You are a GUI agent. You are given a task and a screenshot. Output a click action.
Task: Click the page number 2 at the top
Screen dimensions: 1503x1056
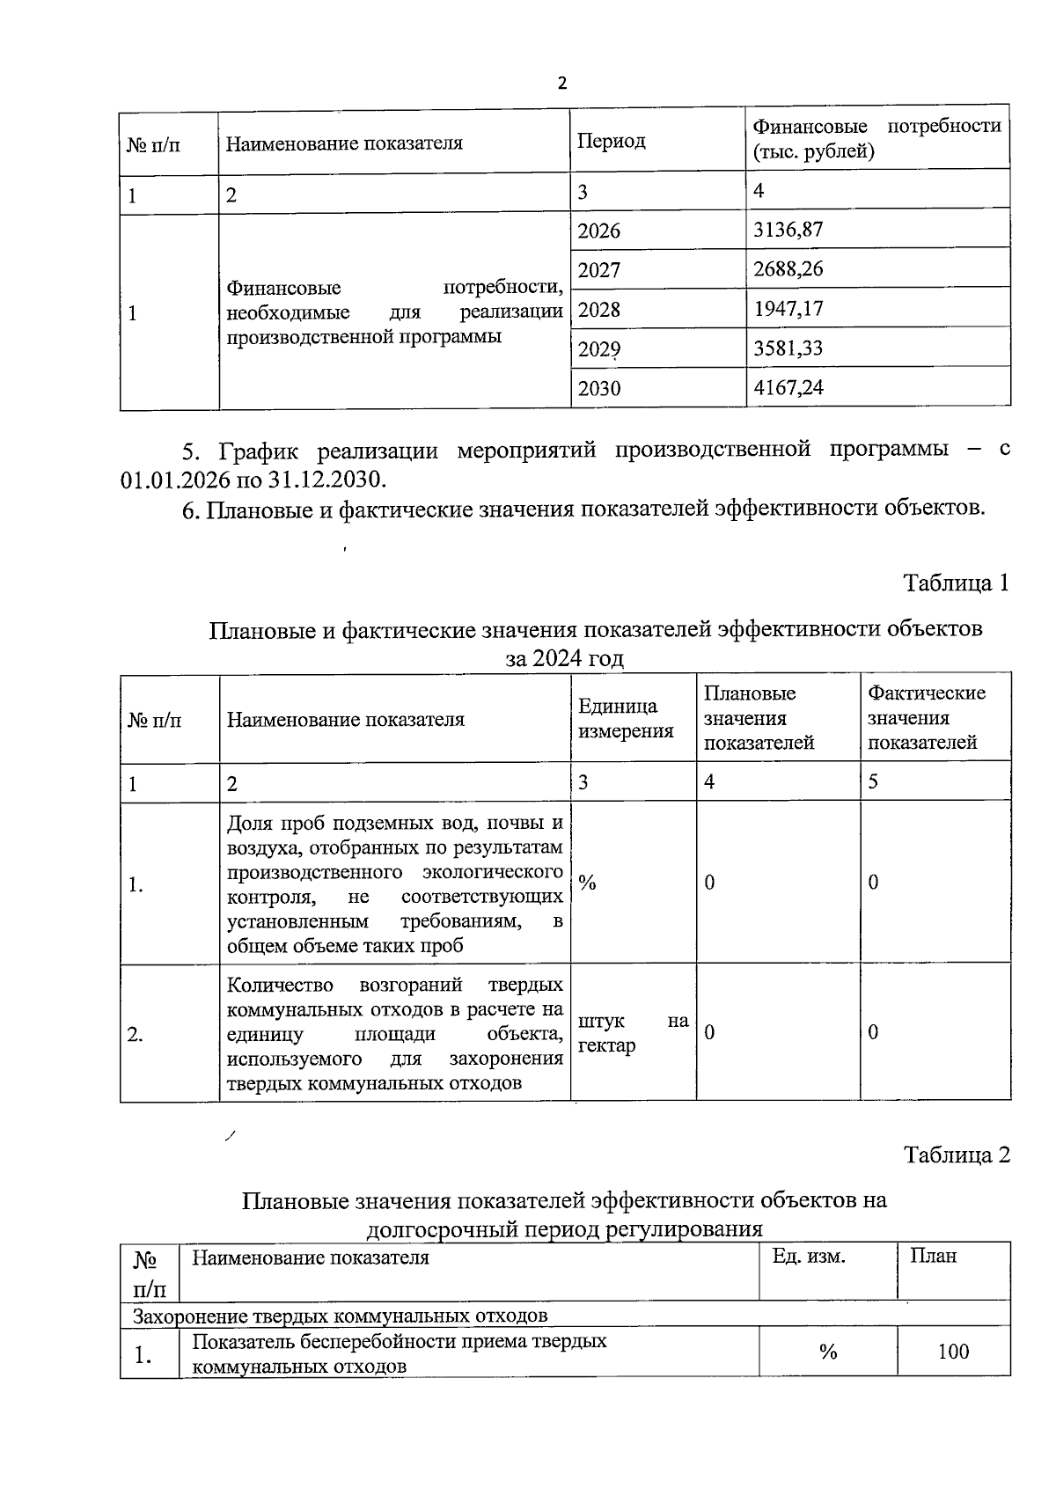coord(562,84)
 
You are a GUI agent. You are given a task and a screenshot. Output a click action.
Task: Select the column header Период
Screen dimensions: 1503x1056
coord(611,141)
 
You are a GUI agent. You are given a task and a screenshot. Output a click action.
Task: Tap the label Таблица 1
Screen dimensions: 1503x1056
coord(956,583)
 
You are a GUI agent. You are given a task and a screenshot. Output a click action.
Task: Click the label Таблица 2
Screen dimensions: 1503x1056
coord(957,1155)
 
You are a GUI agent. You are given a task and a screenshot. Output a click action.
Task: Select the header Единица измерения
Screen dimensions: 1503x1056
coord(626,718)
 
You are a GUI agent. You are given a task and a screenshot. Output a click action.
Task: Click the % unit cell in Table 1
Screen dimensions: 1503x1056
coord(587,883)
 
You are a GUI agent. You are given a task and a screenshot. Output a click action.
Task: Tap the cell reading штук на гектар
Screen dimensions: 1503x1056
coord(632,1033)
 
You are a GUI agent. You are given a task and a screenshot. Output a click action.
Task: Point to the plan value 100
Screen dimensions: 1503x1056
coord(953,1352)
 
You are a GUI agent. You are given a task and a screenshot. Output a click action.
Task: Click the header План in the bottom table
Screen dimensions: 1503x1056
coord(933,1257)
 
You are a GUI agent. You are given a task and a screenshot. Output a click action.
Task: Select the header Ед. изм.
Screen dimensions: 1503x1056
coord(809,1257)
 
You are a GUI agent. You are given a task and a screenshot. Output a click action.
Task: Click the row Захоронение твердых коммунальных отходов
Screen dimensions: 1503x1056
coord(340,1316)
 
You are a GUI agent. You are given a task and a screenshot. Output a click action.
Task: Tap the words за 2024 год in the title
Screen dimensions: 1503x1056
coord(564,658)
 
